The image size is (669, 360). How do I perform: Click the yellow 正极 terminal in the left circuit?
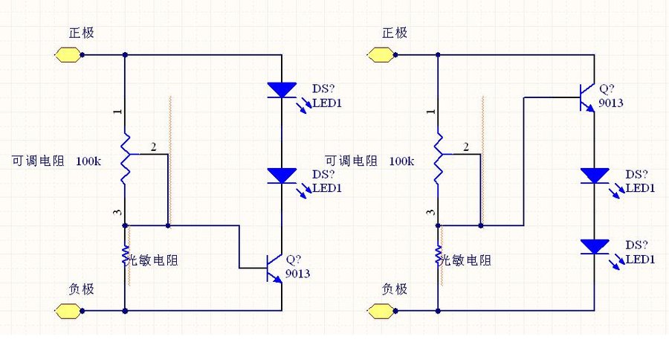68,54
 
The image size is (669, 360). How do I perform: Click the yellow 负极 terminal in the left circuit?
68,309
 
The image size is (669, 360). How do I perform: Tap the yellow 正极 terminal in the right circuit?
381,54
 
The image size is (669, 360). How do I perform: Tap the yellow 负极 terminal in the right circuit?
381,309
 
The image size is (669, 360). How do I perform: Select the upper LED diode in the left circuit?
282,90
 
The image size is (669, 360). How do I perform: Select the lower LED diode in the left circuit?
282,176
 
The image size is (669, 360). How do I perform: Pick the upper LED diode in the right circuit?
595,176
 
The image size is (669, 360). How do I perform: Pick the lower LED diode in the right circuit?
595,246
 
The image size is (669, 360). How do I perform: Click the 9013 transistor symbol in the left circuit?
276,266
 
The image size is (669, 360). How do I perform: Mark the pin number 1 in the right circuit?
430,112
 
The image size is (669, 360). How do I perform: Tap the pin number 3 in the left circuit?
117,213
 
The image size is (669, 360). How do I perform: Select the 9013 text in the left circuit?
297,274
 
